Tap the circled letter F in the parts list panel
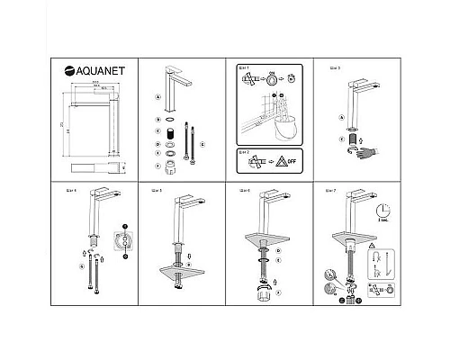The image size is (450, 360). click(x=157, y=166)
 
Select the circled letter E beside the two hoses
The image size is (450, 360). click(x=202, y=143)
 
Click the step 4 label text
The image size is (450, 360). click(x=72, y=191)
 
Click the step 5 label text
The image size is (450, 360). click(x=157, y=191)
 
